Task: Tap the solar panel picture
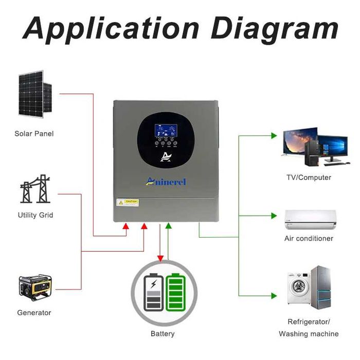click(35, 94)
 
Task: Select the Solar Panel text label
click(34, 134)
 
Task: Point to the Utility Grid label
click(35, 215)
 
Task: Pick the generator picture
click(34, 287)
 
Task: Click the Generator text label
click(34, 313)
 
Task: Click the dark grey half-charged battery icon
click(154, 293)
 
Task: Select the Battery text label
click(163, 334)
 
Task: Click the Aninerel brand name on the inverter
click(166, 181)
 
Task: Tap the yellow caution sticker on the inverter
click(128, 202)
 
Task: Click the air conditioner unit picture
click(311, 220)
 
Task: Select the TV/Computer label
click(309, 177)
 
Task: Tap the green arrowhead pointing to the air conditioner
click(274, 215)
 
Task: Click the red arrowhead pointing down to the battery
click(160, 257)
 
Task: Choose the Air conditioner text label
click(309, 239)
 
